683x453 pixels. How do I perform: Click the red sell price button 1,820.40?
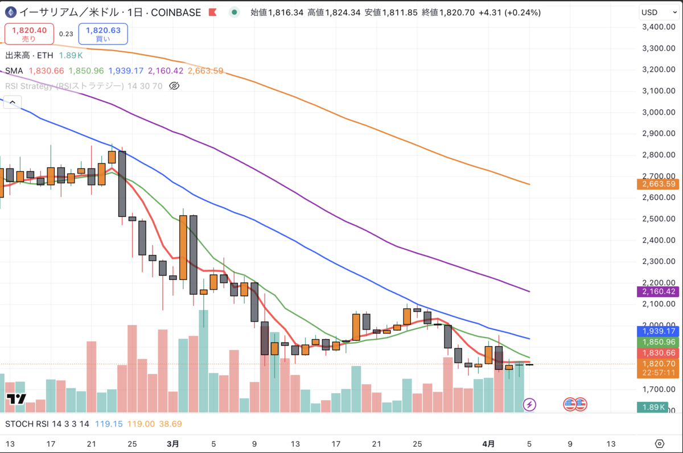(29, 34)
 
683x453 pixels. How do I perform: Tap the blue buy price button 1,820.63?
(103, 34)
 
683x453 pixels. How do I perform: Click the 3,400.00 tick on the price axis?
(659, 27)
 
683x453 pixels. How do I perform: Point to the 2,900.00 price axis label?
(659, 134)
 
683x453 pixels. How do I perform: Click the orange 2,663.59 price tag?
(659, 184)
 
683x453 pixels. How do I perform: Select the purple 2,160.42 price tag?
(659, 291)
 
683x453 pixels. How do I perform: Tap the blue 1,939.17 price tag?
(659, 331)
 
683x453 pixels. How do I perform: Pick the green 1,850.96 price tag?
(659, 342)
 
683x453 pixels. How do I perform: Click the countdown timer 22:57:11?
(659, 373)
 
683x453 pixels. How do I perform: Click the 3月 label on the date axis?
(174, 444)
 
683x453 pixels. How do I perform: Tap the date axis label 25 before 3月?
(132, 444)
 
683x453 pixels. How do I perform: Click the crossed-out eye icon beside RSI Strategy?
(175, 86)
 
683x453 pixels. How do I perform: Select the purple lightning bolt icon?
(530, 405)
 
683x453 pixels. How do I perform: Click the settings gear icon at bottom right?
(660, 444)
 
